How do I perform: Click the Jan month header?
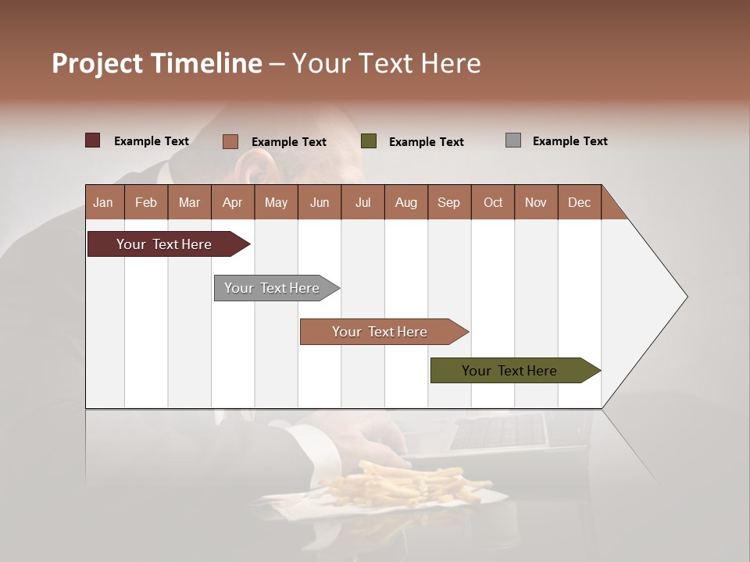[x=103, y=202]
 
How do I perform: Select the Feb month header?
[x=146, y=202]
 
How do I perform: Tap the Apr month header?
[x=232, y=202]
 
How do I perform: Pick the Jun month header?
[x=320, y=202]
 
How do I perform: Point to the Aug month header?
[x=405, y=202]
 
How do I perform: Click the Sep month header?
[x=448, y=202]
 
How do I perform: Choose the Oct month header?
[x=493, y=202]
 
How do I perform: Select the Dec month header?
[x=579, y=202]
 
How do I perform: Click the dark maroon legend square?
[x=92, y=140]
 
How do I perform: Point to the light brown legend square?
[x=230, y=141]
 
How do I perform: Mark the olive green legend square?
[x=369, y=140]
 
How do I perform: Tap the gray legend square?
[x=513, y=140]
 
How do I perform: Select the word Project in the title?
[x=98, y=63]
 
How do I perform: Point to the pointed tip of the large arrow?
[x=686, y=296]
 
